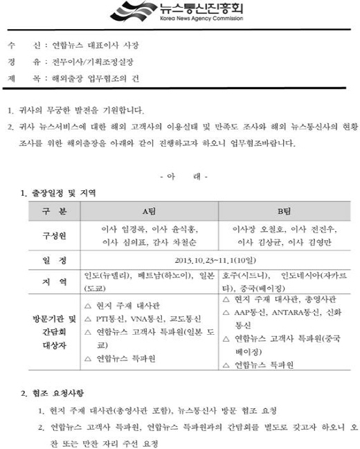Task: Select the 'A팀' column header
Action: click(x=147, y=210)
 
